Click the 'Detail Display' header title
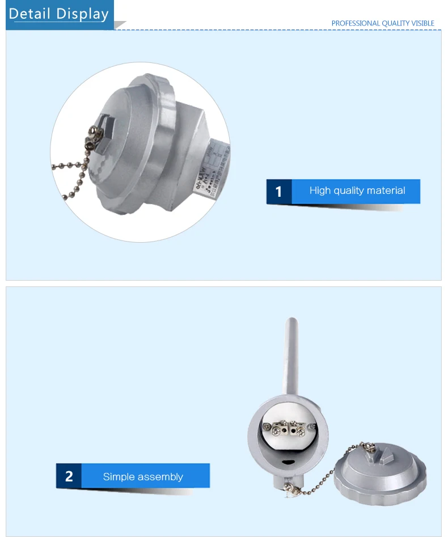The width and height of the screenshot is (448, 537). (58, 14)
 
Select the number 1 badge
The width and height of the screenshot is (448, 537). (278, 192)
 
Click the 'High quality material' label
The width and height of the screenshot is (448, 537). (357, 191)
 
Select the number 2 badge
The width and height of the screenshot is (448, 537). (69, 476)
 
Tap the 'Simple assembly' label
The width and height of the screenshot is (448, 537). (143, 476)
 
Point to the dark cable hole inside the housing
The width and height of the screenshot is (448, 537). (289, 460)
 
